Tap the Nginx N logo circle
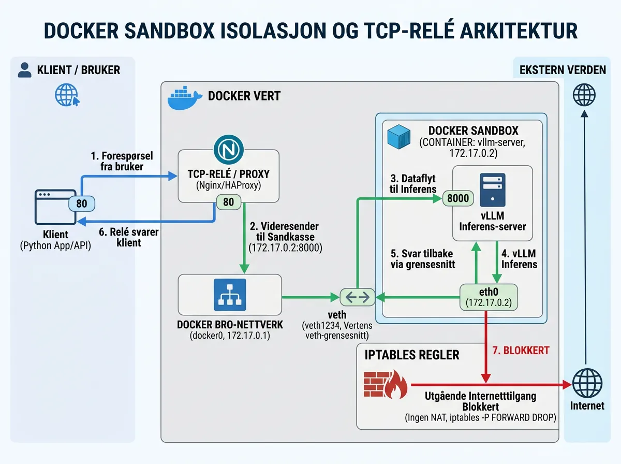228,150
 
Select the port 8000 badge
457,198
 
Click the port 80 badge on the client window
82,204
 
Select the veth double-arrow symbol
358,297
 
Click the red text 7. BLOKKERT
520,351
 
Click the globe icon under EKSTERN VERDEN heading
584,96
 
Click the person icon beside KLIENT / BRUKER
24,70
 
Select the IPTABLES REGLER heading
411,355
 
